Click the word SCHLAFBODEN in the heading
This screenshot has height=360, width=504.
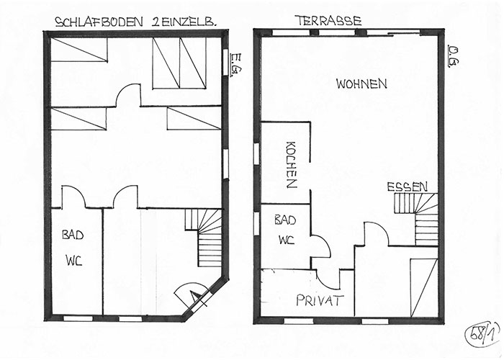click(x=99, y=22)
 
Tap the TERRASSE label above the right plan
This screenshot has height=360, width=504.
click(x=328, y=21)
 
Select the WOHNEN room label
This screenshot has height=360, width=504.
click(x=361, y=84)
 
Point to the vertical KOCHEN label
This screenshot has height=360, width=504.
click(x=291, y=164)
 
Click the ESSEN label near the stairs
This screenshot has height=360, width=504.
click(x=408, y=186)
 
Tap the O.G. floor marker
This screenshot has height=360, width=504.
click(x=453, y=57)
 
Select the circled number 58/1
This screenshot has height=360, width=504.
click(x=482, y=334)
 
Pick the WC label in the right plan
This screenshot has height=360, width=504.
click(x=287, y=240)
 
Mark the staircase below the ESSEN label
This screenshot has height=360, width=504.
click(x=416, y=219)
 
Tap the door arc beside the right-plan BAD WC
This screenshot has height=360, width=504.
click(x=320, y=246)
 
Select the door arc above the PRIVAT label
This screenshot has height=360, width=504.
click(x=328, y=279)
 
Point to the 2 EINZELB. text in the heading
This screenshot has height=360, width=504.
click(x=183, y=22)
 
